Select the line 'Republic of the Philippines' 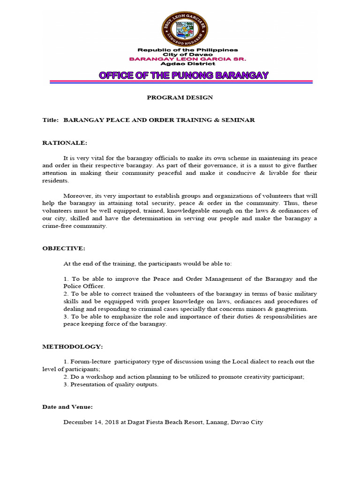[187, 50]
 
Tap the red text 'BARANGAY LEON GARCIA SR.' [187, 59]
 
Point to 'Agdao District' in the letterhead [187, 64]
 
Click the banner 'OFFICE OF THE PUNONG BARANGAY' [183, 75]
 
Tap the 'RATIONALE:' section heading [65, 142]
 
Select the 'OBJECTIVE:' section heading [64, 248]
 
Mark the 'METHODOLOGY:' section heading [73, 346]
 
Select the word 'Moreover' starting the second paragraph [77, 195]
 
